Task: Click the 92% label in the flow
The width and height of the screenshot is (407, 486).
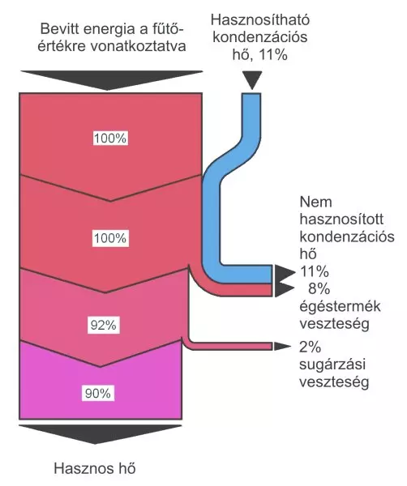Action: coord(103,325)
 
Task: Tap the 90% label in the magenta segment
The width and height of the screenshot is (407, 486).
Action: coord(98,394)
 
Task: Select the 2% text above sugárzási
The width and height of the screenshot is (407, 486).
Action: coord(310,347)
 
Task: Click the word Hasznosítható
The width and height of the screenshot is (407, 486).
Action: coord(260,19)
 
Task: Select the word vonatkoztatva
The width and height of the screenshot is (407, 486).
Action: coord(138,46)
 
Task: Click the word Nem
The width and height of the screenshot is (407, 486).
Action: coord(316,202)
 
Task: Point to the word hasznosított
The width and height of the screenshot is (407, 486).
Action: coord(341,220)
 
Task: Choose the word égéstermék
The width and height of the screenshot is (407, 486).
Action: coord(340,307)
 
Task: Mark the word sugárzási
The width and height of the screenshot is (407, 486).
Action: coord(332,364)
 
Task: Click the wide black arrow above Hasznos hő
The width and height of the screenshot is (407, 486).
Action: coord(101,433)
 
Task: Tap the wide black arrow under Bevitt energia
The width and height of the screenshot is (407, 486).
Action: coord(111,79)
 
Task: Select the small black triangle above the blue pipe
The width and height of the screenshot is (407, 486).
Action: coord(252,80)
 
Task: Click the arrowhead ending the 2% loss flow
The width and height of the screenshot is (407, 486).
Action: coord(281,346)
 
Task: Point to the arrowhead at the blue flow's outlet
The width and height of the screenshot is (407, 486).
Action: coord(284,274)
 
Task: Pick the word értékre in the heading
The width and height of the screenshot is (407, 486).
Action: coord(62,46)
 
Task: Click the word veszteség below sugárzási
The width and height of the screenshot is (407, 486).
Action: coord(334,382)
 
